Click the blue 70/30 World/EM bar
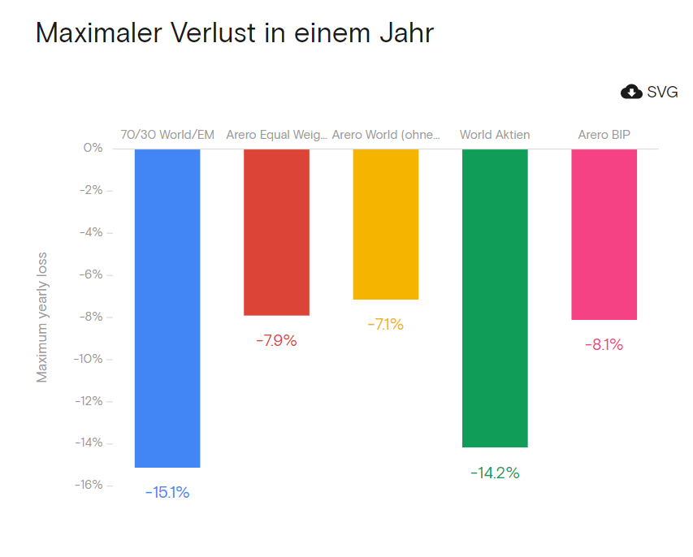click(167, 308)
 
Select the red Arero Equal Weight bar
click(276, 231)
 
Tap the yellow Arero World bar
click(386, 223)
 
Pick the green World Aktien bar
click(495, 297)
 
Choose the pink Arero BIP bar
click(604, 234)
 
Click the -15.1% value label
click(167, 492)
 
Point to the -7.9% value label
click(276, 340)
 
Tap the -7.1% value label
click(385, 324)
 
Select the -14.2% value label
click(495, 473)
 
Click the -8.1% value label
click(604, 344)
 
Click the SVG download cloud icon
click(631, 92)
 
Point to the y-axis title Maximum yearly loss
click(42, 316)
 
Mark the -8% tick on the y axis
click(90, 317)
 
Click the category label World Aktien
click(495, 135)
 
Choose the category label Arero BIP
click(604, 135)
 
